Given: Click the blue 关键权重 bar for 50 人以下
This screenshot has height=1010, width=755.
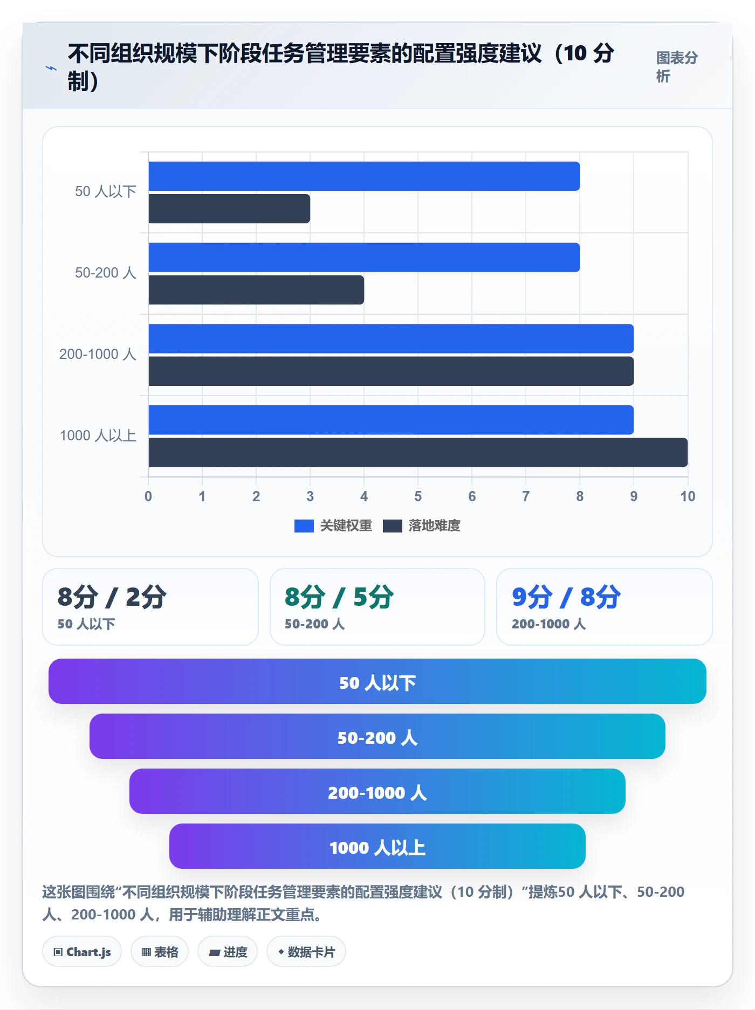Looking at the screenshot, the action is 364,176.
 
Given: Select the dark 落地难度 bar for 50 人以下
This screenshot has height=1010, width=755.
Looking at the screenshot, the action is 229,209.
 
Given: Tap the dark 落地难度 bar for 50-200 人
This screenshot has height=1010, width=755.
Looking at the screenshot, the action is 256,290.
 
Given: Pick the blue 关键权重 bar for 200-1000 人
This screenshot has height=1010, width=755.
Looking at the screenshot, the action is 391,338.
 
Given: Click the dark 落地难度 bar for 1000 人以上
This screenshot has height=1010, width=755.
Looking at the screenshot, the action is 418,452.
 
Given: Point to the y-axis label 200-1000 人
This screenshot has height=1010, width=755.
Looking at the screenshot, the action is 98,354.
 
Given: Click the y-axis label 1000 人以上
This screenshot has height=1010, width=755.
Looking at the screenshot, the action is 98,435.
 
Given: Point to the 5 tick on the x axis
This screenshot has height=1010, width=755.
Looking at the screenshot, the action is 418,496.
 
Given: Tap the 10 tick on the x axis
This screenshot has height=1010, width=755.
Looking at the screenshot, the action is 688,496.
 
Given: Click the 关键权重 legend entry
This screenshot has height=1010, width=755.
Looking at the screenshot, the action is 333,525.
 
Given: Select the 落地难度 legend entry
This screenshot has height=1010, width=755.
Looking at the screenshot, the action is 422,525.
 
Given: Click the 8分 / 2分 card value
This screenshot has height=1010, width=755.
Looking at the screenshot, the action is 112,597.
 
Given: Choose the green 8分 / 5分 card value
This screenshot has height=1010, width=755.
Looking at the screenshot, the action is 339,597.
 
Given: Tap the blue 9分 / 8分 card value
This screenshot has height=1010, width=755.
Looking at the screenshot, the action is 566,597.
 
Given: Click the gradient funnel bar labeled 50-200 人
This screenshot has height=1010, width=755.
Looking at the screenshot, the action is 377,736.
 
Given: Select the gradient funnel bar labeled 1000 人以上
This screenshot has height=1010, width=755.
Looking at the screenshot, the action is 377,846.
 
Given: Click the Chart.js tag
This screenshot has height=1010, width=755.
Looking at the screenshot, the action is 82,952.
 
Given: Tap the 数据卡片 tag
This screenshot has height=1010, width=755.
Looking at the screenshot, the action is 306,952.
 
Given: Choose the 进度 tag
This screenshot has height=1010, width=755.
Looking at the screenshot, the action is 228,952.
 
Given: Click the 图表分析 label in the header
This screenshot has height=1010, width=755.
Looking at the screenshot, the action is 677,67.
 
